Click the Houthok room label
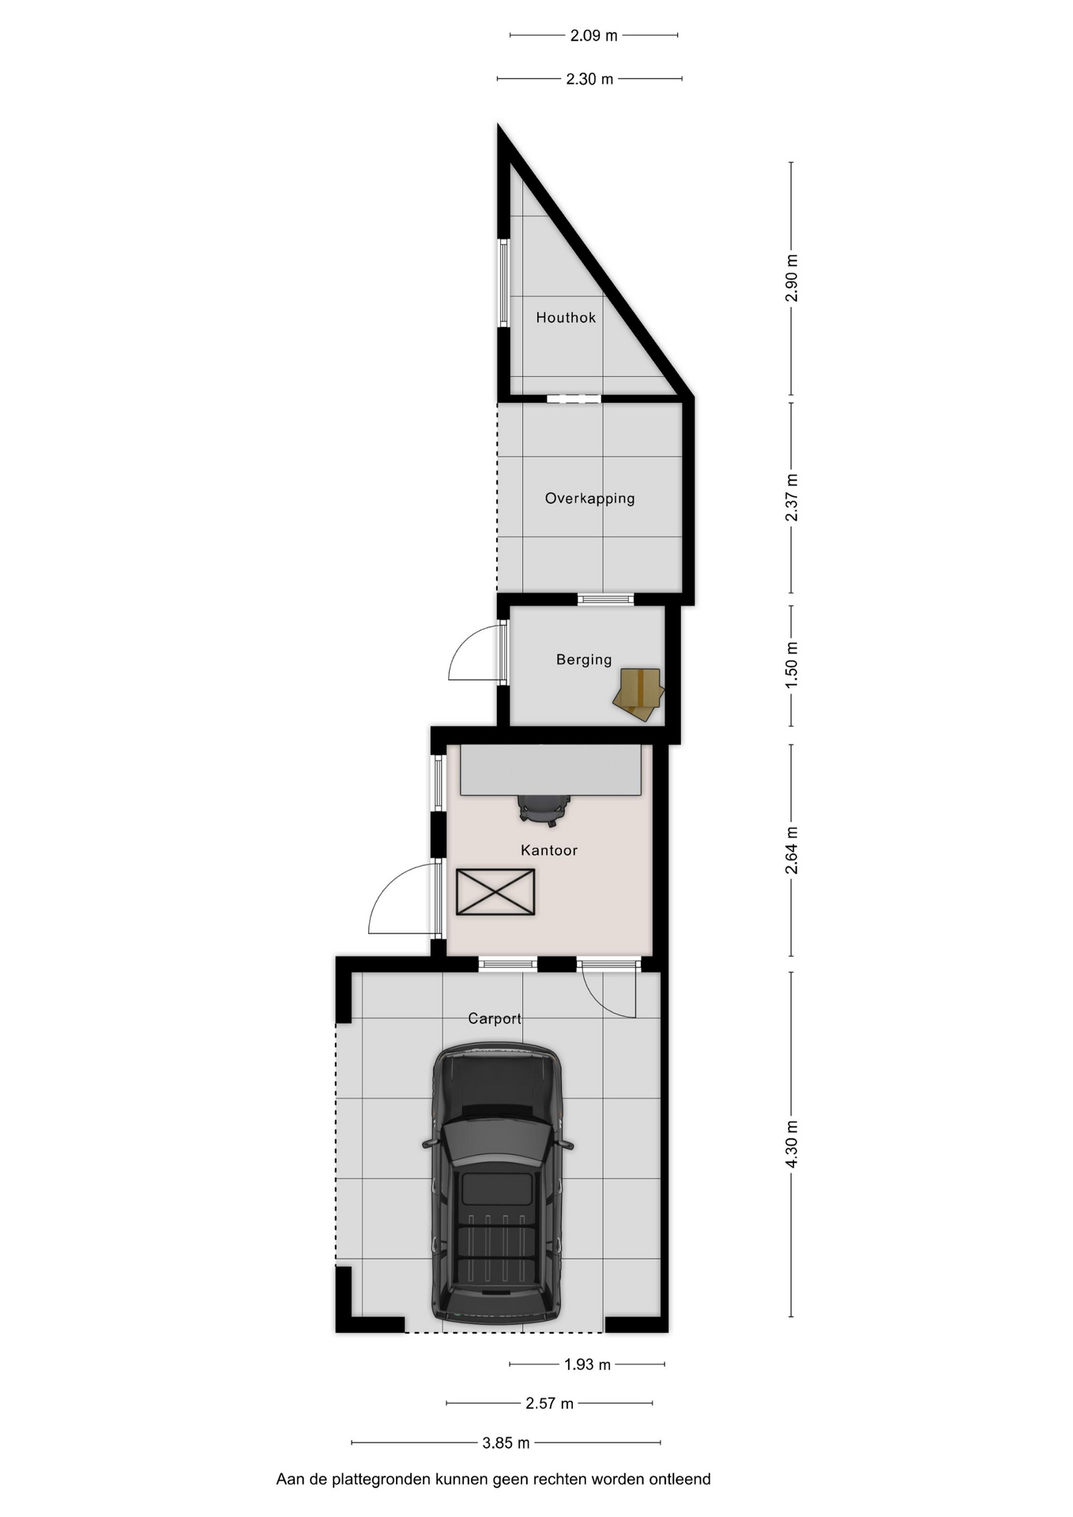point(566,318)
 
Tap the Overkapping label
point(590,499)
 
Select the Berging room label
point(584,660)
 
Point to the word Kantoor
point(549,850)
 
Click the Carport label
point(495,1018)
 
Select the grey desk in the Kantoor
point(551,770)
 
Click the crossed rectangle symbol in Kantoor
point(495,892)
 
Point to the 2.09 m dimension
point(594,36)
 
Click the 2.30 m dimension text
point(589,79)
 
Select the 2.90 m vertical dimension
point(792,278)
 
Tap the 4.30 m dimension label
point(792,1142)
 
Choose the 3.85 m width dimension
point(506,1443)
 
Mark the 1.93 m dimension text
point(587,1365)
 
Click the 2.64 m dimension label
point(792,850)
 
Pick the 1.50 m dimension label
point(792,664)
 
